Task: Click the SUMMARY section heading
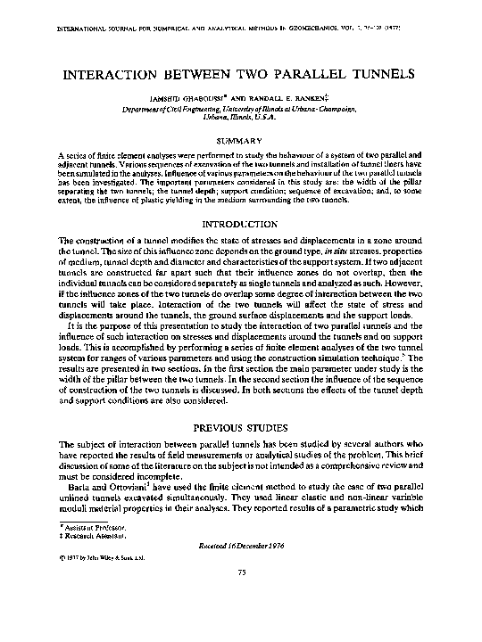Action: pos(241,140)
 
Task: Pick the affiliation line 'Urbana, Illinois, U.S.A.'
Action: pos(241,116)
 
